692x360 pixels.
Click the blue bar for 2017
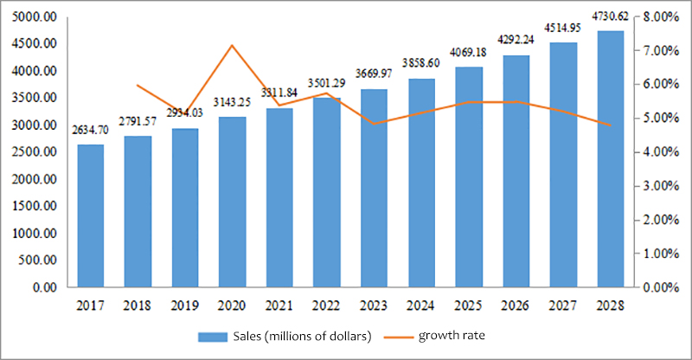pyautogui.click(x=91, y=215)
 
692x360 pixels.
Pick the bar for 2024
pyautogui.click(x=420, y=183)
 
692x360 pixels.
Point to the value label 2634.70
pyautogui.click(x=91, y=129)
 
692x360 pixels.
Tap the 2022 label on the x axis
pyautogui.click(x=326, y=305)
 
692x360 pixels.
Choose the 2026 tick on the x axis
pyautogui.click(x=515, y=305)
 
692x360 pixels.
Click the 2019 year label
pyautogui.click(x=185, y=305)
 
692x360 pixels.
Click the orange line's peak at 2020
pyautogui.click(x=232, y=45)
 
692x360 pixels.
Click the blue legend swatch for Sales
pyautogui.click(x=212, y=336)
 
